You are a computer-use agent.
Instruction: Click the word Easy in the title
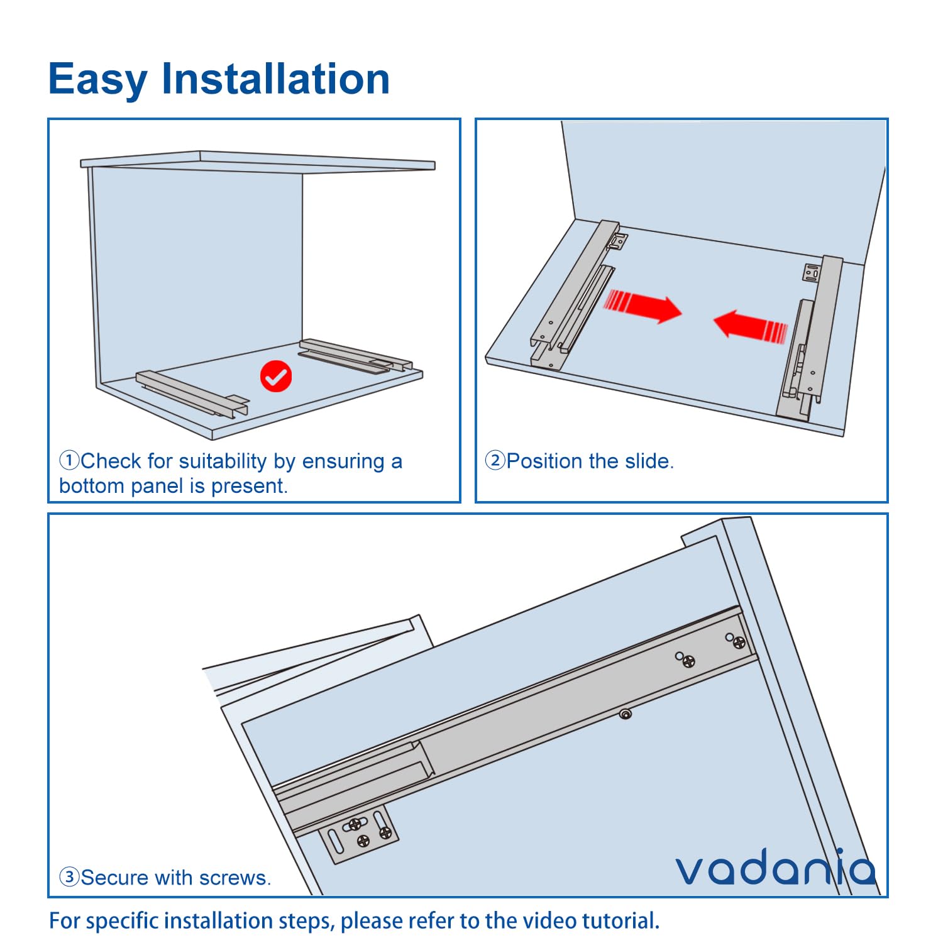pyautogui.click(x=98, y=80)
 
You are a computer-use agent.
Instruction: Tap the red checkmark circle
pyautogui.click(x=276, y=377)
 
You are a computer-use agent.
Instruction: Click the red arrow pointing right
pyautogui.click(x=642, y=306)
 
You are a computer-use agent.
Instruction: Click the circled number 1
pyautogui.click(x=69, y=460)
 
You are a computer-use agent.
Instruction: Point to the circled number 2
pyautogui.click(x=495, y=460)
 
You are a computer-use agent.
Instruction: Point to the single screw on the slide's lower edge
pyautogui.click(x=625, y=714)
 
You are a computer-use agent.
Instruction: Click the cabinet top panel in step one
pyautogui.click(x=258, y=161)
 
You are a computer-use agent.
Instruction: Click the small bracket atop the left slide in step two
pyautogui.click(x=619, y=241)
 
